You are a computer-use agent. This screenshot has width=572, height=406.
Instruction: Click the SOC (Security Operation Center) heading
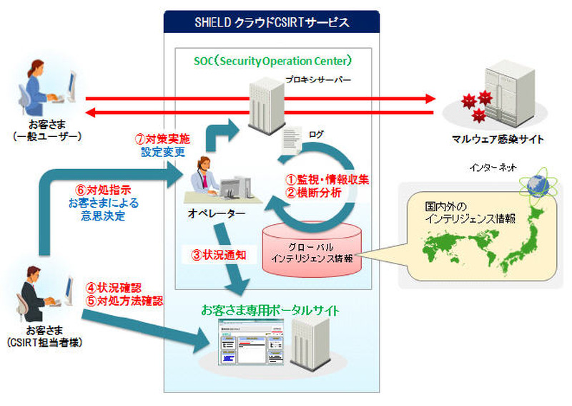[x=272, y=61]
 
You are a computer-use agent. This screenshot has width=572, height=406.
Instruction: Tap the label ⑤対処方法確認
[x=124, y=301]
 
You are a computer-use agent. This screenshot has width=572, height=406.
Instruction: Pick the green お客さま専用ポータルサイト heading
[x=270, y=310]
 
